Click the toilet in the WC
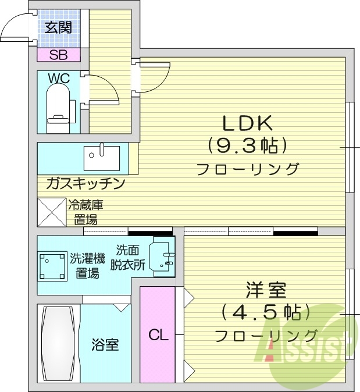pos(58,108)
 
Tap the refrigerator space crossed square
pos(52,212)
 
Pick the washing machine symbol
pos(52,266)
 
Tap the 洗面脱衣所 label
pos(130,257)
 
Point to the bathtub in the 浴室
pos(58,343)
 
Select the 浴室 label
pos(105,344)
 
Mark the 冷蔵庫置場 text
pos(85,212)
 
